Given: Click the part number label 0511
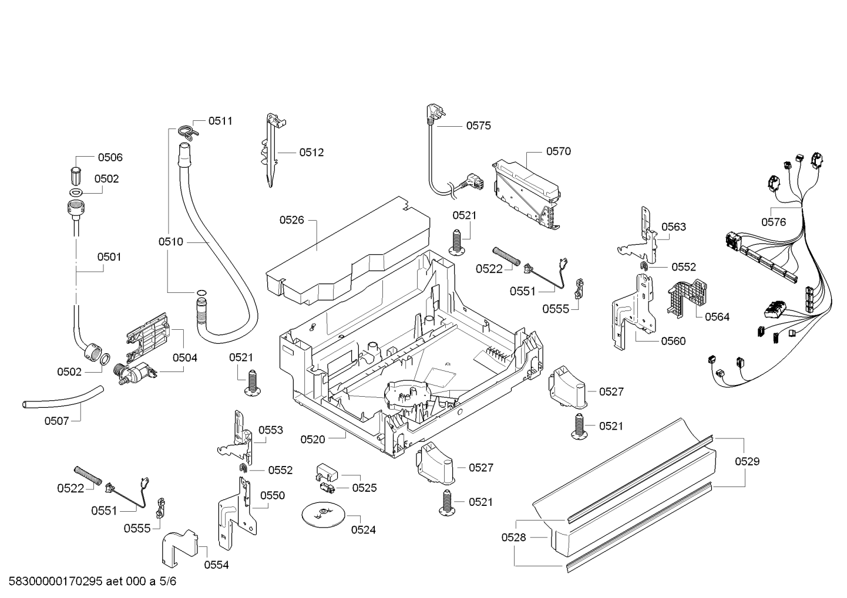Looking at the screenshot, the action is pos(220,121).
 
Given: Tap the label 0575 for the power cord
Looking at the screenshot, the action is pos(478,126).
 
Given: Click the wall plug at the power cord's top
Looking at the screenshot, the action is pos(433,113).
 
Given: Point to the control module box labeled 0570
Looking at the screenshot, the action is pos(526,195).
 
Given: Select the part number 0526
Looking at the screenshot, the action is pos(291,220).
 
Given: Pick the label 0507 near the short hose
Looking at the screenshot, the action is pos(57,421).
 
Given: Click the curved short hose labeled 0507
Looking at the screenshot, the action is pos(63,397).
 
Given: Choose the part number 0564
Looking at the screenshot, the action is pos(717,316).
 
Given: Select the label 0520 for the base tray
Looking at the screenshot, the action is pos(312,440).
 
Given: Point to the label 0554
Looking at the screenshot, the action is pos(216,565).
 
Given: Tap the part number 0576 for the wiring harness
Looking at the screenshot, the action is pos(774,222).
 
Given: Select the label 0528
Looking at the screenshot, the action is pos(514,537).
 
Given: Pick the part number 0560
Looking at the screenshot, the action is pos(674,341).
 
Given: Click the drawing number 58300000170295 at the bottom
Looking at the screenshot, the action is pos(56,581).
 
